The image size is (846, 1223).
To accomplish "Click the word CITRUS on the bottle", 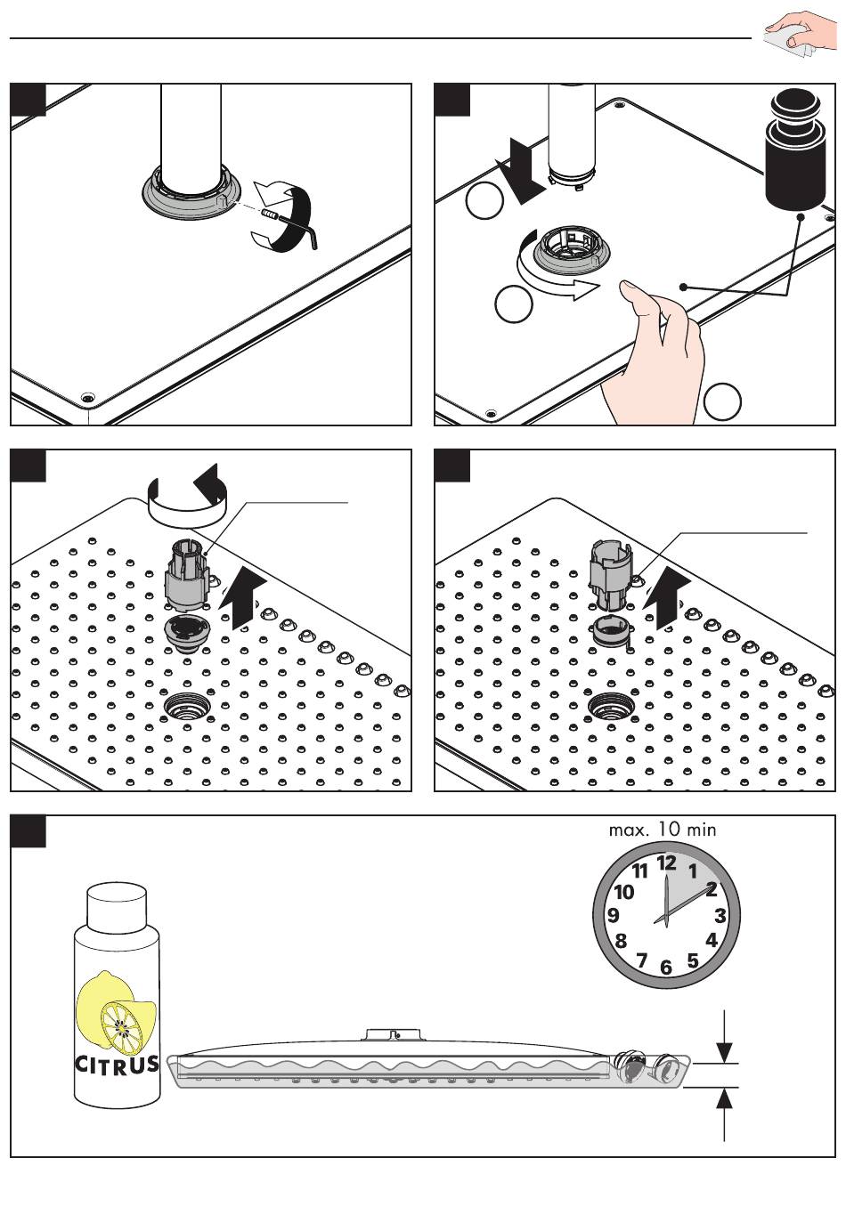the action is pos(117,1064).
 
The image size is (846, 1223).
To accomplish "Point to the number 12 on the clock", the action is pos(666,863).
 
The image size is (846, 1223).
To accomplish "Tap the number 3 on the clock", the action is pos(720,915).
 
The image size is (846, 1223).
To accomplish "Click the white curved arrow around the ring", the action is pos(551,273).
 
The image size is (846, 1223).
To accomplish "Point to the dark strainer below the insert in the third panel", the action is pos(187,632).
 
